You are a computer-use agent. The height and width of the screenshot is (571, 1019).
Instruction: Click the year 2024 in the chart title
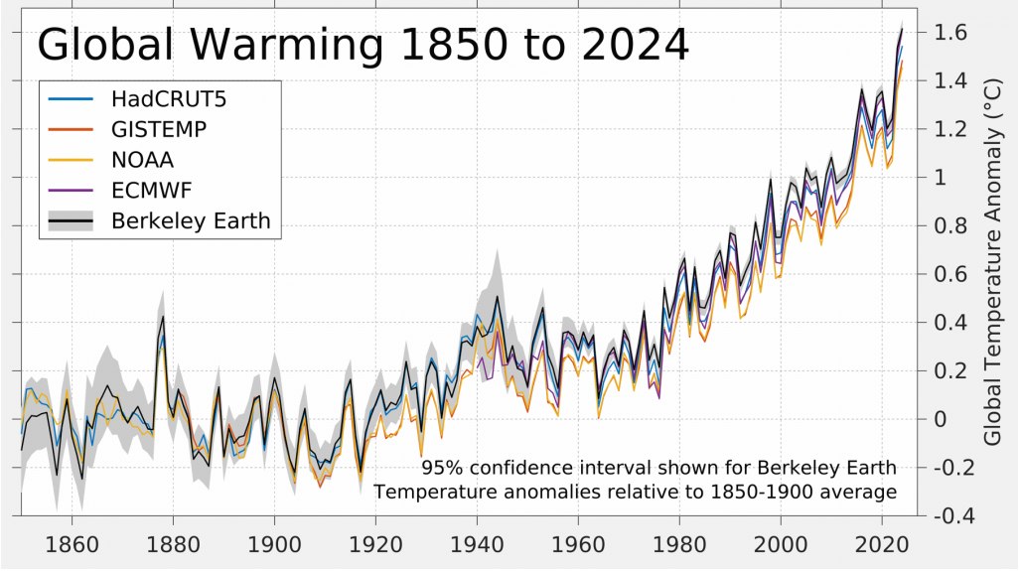632,46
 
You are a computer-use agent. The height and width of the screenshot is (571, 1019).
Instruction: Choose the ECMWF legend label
152,190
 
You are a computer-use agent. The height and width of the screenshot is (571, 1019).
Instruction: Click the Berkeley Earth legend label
190,220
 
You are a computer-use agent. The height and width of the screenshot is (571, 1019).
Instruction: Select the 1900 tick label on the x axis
274,544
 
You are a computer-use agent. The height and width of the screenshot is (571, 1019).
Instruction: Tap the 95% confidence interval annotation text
658,468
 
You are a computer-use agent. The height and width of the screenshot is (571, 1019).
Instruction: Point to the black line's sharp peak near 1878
163,318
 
